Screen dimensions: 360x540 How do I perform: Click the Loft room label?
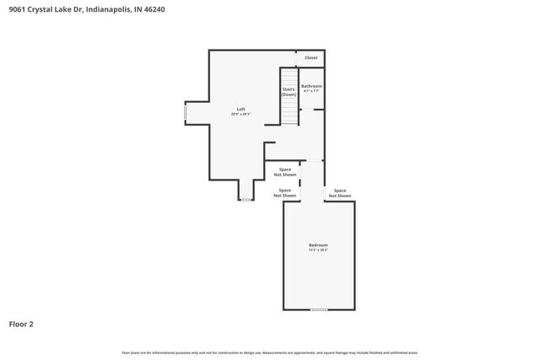(241, 109)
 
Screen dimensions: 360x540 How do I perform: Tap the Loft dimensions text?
(241, 114)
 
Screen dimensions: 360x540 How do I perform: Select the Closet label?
(311, 57)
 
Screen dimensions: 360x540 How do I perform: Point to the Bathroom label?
(312, 86)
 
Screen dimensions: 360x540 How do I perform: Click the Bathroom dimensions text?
(312, 91)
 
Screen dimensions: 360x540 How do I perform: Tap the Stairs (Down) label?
(289, 91)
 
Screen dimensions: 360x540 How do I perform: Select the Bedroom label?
(317, 245)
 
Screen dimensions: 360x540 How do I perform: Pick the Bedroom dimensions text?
(317, 250)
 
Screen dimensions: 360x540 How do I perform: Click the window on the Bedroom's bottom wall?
(318, 309)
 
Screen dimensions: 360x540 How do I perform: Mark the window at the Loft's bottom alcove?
(245, 200)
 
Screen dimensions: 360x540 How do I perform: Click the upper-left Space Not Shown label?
(285, 172)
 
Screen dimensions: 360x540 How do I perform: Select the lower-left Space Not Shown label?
(285, 192)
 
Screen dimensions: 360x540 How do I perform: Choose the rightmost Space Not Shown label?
(340, 192)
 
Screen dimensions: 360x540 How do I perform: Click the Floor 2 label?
(21, 324)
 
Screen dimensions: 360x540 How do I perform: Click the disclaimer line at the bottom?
(270, 352)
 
